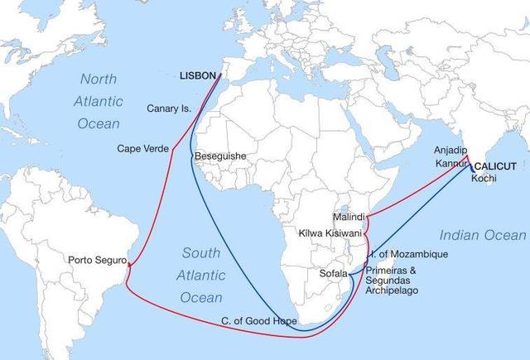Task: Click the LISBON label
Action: (198, 76)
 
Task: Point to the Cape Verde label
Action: (141, 150)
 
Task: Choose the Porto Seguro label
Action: (96, 262)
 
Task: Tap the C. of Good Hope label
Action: (258, 321)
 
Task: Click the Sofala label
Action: (334, 272)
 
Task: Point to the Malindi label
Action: (348, 216)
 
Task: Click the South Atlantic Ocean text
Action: (201, 275)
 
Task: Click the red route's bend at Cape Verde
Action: (171, 151)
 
